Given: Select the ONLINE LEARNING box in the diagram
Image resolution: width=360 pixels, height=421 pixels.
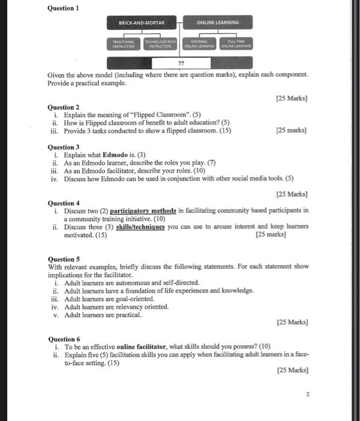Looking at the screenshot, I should click(217, 23).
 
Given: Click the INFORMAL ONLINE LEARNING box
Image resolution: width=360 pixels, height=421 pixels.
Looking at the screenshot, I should click(199, 43).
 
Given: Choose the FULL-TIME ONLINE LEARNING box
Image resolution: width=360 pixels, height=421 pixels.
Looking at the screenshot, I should click(237, 43).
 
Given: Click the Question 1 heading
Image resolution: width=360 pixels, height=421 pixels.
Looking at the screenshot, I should click(63, 8).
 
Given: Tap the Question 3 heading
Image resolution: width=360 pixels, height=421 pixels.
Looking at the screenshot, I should click(63, 147).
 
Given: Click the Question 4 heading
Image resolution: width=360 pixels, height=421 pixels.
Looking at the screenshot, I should click(63, 203).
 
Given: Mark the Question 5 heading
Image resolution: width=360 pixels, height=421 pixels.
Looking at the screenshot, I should click(63, 259).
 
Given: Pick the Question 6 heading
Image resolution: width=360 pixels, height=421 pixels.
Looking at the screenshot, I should click(63, 339).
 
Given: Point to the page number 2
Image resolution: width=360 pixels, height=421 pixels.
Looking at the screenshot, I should click(307, 395).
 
